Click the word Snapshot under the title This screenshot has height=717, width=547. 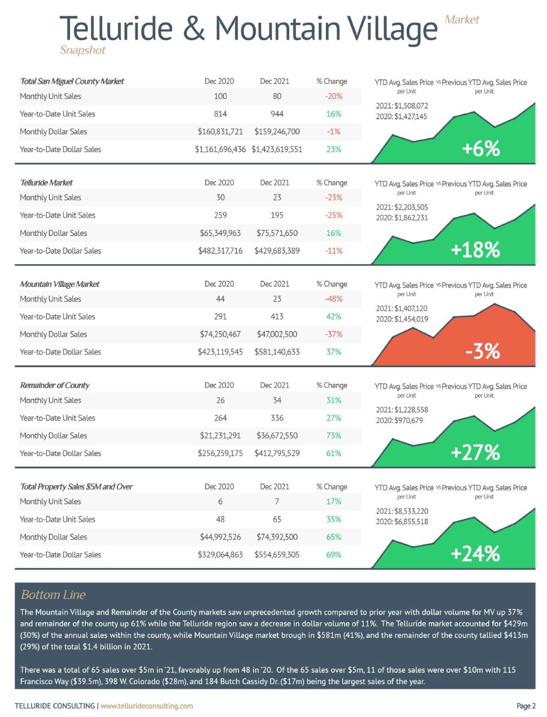pyautogui.click(x=83, y=50)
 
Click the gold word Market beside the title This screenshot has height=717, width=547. pyautogui.click(x=462, y=20)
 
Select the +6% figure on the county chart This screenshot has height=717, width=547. pyautogui.click(x=480, y=149)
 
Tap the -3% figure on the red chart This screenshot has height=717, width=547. pyautogui.click(x=482, y=351)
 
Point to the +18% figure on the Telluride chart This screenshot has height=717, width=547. pyautogui.click(x=475, y=250)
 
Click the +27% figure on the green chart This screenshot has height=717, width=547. pyautogui.click(x=475, y=452)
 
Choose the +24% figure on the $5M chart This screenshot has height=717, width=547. pyautogui.click(x=475, y=553)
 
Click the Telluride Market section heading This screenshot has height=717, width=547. pyautogui.click(x=46, y=183)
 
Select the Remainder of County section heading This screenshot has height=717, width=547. pyautogui.click(x=55, y=386)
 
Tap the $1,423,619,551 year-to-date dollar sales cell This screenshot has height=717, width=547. pyautogui.click(x=277, y=150)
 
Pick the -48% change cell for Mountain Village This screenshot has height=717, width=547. pyautogui.click(x=334, y=299)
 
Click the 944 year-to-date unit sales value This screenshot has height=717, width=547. pyautogui.click(x=277, y=114)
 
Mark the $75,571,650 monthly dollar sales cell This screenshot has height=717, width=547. pyautogui.click(x=277, y=233)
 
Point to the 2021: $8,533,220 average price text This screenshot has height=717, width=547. pyautogui.click(x=402, y=511)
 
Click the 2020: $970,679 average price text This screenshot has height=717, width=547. pyautogui.click(x=399, y=420)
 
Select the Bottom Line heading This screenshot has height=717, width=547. pyautogui.click(x=53, y=595)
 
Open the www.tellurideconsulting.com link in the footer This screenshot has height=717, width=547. pyautogui.click(x=147, y=706)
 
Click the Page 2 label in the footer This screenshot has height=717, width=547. pyautogui.click(x=526, y=706)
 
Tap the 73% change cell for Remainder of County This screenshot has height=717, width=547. pyautogui.click(x=334, y=436)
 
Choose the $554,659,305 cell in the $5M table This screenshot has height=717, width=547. pyautogui.click(x=277, y=555)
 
